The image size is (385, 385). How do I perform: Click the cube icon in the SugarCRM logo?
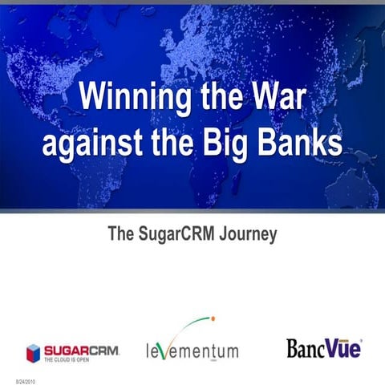pyautogui.click(x=33, y=351)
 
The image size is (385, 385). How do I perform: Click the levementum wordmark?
pyautogui.click(x=192, y=351)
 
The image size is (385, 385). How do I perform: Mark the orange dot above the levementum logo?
pyautogui.click(x=213, y=319)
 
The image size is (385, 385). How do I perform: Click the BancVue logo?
pyautogui.click(x=323, y=348)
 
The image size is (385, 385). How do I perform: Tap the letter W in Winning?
pyautogui.click(x=92, y=102)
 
